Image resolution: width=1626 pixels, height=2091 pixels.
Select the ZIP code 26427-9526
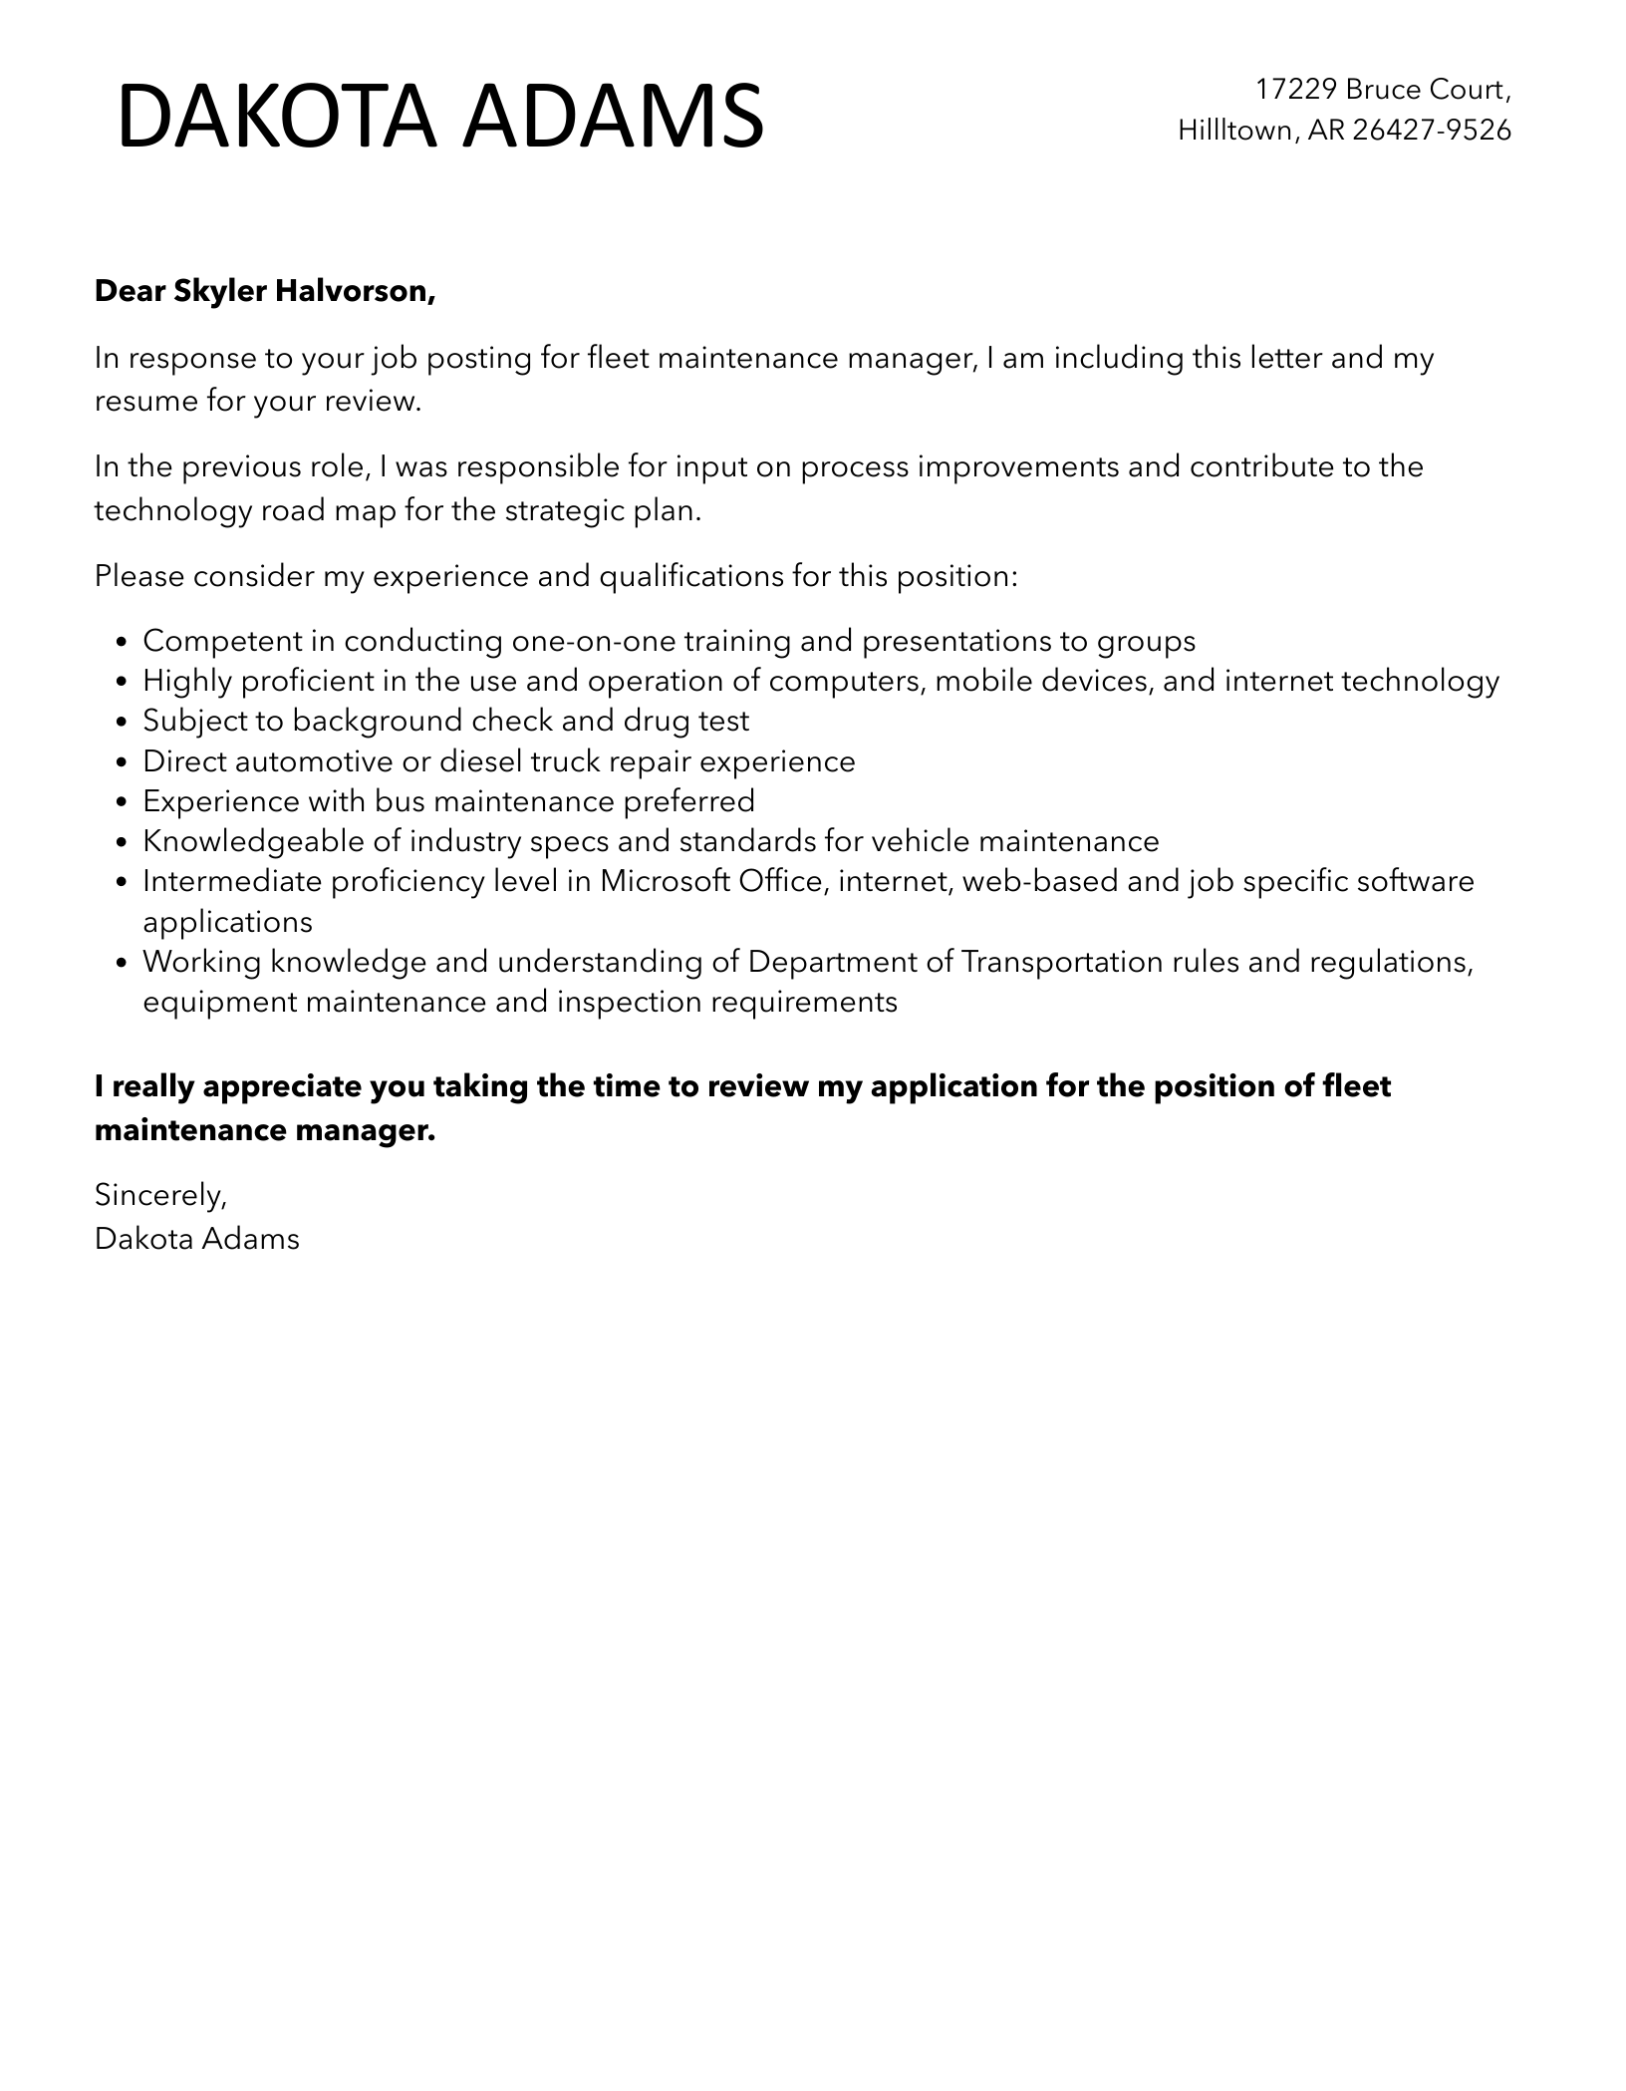click(1432, 131)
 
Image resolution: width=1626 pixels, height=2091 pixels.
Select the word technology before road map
click(172, 511)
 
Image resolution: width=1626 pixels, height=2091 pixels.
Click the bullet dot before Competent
click(123, 643)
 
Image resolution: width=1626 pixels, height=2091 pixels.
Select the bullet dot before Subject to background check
click(123, 723)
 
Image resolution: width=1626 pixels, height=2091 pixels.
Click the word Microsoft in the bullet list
click(665, 881)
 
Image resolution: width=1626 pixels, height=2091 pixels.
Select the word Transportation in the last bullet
click(1062, 962)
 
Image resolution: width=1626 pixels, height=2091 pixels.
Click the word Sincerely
click(160, 1194)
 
